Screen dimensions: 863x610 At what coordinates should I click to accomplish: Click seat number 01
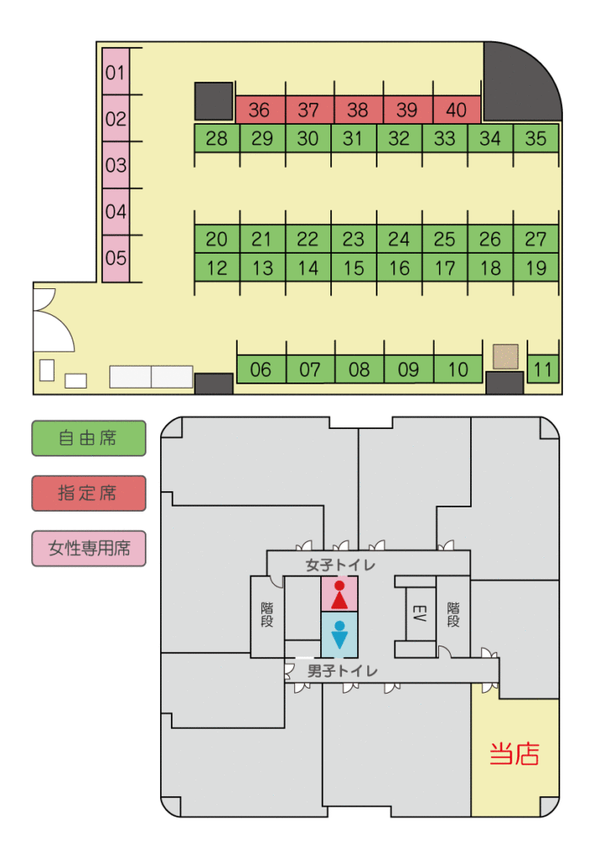click(x=115, y=72)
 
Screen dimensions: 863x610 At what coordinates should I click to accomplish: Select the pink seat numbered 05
click(x=115, y=258)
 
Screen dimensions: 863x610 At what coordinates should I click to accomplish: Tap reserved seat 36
click(x=260, y=110)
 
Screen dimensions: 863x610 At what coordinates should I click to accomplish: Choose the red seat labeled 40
click(x=456, y=110)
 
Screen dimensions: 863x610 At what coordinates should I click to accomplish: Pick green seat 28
click(x=217, y=138)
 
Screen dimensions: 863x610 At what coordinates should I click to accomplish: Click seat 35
click(x=536, y=138)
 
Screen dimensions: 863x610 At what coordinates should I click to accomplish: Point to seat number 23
click(x=354, y=239)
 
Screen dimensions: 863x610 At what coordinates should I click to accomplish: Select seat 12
click(x=217, y=268)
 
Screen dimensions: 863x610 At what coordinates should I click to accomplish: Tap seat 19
click(x=536, y=268)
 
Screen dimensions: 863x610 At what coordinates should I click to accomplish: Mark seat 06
click(x=261, y=369)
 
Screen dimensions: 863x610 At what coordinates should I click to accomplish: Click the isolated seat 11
click(x=543, y=369)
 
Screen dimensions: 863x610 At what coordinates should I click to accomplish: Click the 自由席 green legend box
click(x=88, y=438)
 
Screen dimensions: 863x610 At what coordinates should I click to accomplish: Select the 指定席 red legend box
click(x=88, y=493)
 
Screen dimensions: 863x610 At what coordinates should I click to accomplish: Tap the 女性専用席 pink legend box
click(x=88, y=549)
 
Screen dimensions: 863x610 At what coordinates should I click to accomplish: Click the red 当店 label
click(x=514, y=753)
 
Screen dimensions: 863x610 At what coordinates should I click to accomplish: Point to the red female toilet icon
click(x=340, y=595)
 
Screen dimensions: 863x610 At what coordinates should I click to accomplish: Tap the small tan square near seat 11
click(x=506, y=356)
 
